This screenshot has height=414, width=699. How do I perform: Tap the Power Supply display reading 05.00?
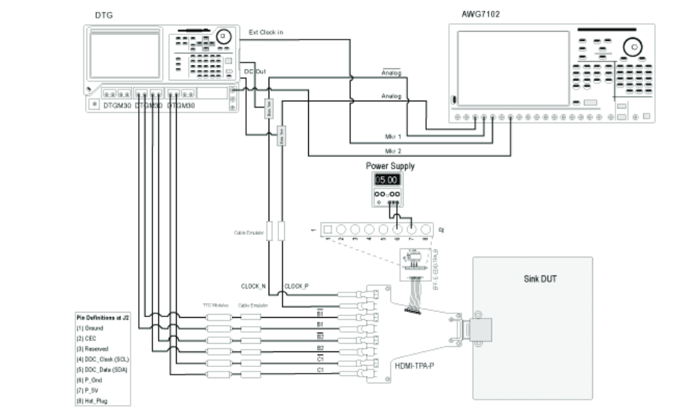387,180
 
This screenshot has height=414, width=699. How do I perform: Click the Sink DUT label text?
538,280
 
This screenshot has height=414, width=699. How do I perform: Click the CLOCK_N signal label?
254,286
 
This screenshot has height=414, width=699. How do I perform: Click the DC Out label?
255,72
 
